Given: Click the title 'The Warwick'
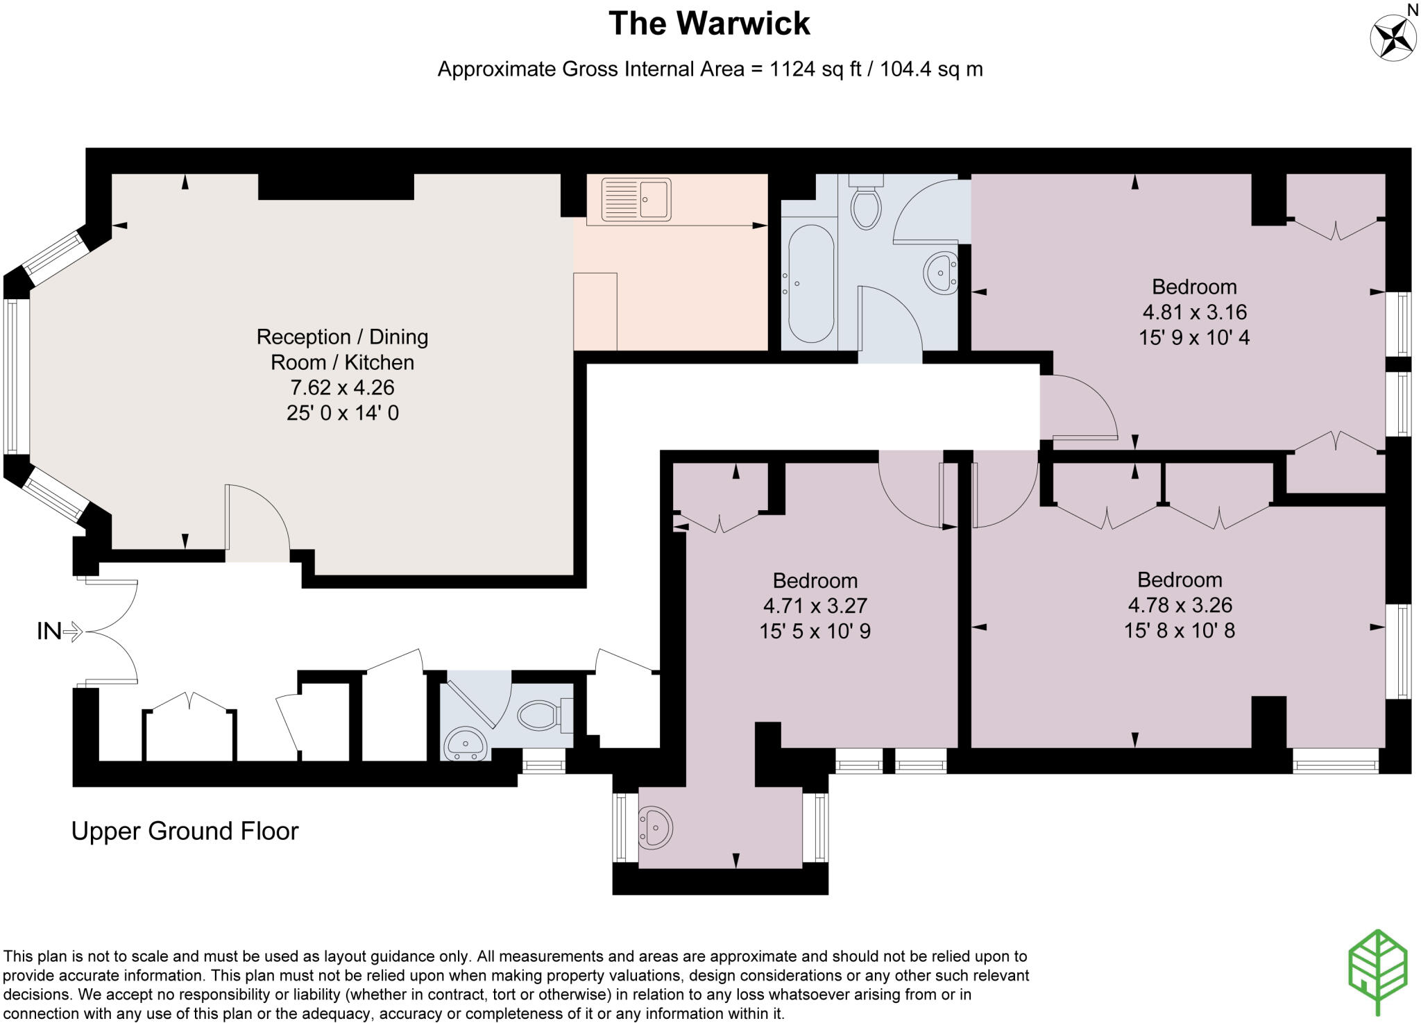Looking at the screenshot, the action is [x=709, y=23].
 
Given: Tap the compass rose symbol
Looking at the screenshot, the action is [x=1393, y=37].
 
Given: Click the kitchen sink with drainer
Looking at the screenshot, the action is [x=636, y=199].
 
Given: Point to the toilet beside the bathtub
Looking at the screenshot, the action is [x=866, y=202].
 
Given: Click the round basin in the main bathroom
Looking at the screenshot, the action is [x=941, y=271].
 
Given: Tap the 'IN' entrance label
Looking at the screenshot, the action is [x=49, y=631].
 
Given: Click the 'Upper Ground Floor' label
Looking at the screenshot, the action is [x=185, y=831].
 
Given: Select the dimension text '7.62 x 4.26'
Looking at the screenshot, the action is [x=342, y=387].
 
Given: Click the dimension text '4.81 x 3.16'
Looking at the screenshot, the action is [x=1194, y=312].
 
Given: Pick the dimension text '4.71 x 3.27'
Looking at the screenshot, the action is [x=815, y=606].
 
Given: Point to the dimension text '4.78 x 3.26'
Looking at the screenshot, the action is [x=1180, y=605].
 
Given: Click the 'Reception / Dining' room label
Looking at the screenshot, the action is [x=342, y=337].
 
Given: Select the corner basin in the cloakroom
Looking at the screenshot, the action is [x=466, y=743].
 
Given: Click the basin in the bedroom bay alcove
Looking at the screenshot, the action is [x=654, y=827].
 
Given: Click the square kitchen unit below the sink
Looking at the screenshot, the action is [x=595, y=311].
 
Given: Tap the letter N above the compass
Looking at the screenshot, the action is [x=1413, y=9].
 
